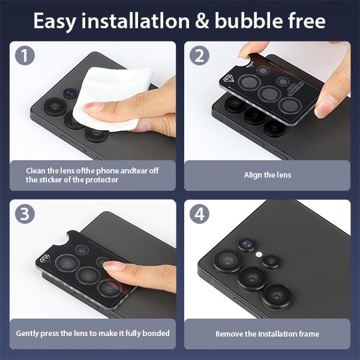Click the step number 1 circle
25,55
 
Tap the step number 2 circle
199,55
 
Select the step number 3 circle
25,214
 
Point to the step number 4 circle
199,214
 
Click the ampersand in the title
202,21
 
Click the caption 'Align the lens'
268,175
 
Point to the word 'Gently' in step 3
28,334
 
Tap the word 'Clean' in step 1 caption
36,170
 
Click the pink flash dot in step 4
259,254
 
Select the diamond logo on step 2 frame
229,79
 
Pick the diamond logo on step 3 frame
44,259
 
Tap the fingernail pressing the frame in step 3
113,266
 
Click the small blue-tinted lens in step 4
247,244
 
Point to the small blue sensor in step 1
70,93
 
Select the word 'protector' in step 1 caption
102,180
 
